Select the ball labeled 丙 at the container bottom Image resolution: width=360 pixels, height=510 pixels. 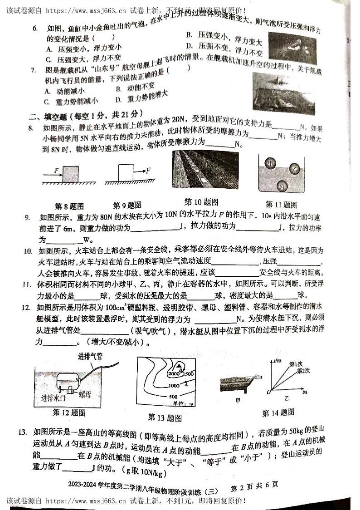tap(282, 186)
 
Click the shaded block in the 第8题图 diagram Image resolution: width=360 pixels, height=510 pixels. tap(71, 174)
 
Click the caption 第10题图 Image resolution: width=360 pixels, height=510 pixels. tap(201, 202)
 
